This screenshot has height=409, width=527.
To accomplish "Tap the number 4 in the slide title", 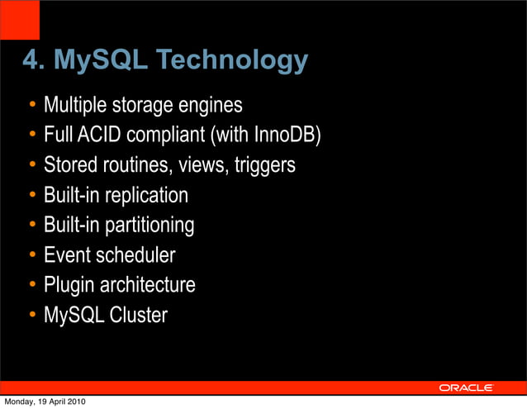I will pos(31,60).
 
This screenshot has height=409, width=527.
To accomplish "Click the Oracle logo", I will pos(466,388).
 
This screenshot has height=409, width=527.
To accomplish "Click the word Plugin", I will pos(69,285).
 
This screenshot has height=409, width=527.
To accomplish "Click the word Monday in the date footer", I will pos(18,402).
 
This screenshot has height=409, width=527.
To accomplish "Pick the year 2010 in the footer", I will pos(74,402).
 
